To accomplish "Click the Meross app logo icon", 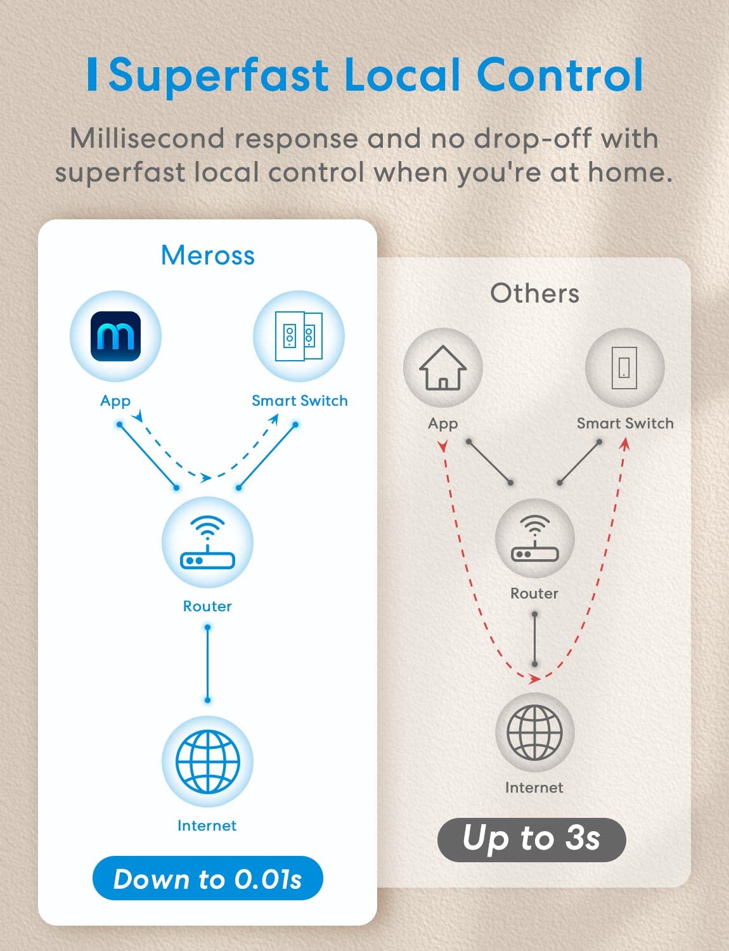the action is click(115, 336).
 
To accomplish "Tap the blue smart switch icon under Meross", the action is click(299, 336).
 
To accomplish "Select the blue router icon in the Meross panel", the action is click(207, 542).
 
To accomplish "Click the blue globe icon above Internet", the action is click(207, 762).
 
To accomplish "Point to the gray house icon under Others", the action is click(443, 368).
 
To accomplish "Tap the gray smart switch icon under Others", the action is click(624, 368).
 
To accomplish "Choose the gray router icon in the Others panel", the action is click(535, 538).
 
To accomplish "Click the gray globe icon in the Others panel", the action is click(534, 732).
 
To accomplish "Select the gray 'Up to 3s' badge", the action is click(532, 840).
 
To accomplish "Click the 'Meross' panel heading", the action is click(208, 255).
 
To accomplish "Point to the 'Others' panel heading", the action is click(535, 293).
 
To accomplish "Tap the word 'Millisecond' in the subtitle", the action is click(147, 139).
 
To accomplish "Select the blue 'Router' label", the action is click(207, 606).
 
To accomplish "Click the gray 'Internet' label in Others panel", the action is click(534, 788).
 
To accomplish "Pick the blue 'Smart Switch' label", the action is click(300, 401).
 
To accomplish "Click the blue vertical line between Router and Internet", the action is click(207, 664).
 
